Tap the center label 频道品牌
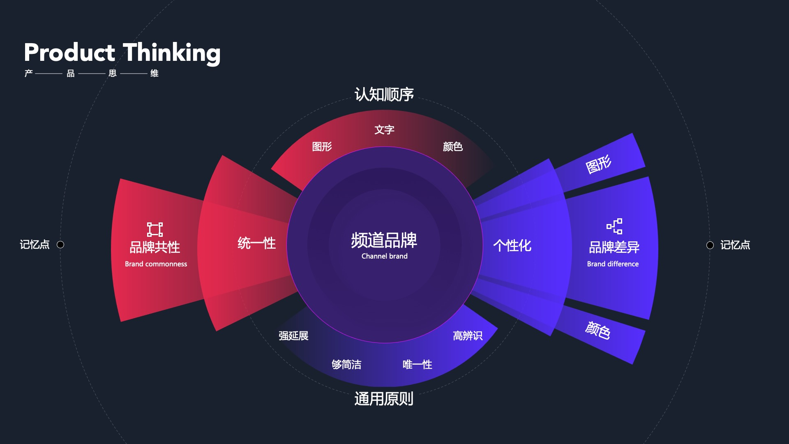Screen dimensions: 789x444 click(x=384, y=240)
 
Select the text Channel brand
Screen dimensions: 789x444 click(x=384, y=256)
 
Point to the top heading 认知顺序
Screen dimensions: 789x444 click(x=384, y=95)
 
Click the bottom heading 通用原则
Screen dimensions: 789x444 click(x=384, y=399)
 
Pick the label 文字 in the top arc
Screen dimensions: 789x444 click(x=384, y=130)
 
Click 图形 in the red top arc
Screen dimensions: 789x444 click(x=322, y=147)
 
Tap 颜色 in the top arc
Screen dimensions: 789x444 click(x=452, y=147)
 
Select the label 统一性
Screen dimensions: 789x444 click(x=256, y=243)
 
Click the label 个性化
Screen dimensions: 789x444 click(x=512, y=245)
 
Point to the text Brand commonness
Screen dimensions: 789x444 click(x=156, y=264)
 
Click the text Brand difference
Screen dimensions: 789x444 click(x=613, y=264)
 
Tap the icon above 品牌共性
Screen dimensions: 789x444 click(x=155, y=229)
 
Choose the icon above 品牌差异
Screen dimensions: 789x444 click(x=614, y=226)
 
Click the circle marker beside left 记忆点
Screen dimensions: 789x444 click(x=60, y=245)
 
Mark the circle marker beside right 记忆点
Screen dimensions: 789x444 click(x=710, y=245)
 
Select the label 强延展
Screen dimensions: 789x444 click(x=293, y=336)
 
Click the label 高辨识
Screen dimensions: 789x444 click(x=468, y=336)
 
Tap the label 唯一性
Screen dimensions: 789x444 click(x=417, y=365)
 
